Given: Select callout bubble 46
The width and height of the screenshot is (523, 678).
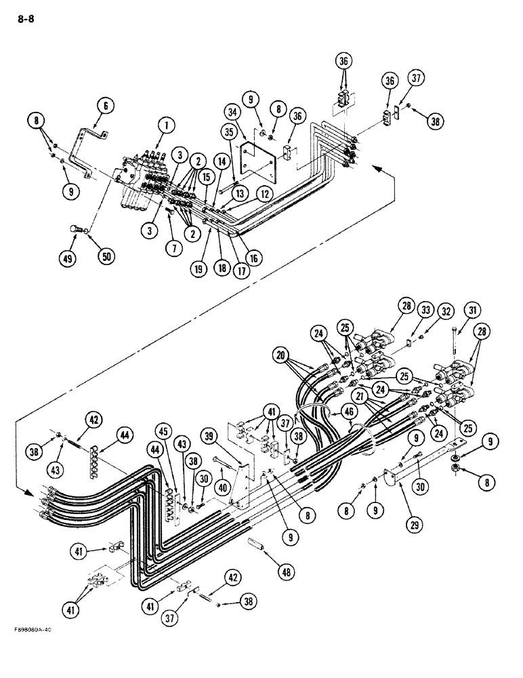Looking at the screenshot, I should click(x=350, y=411).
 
